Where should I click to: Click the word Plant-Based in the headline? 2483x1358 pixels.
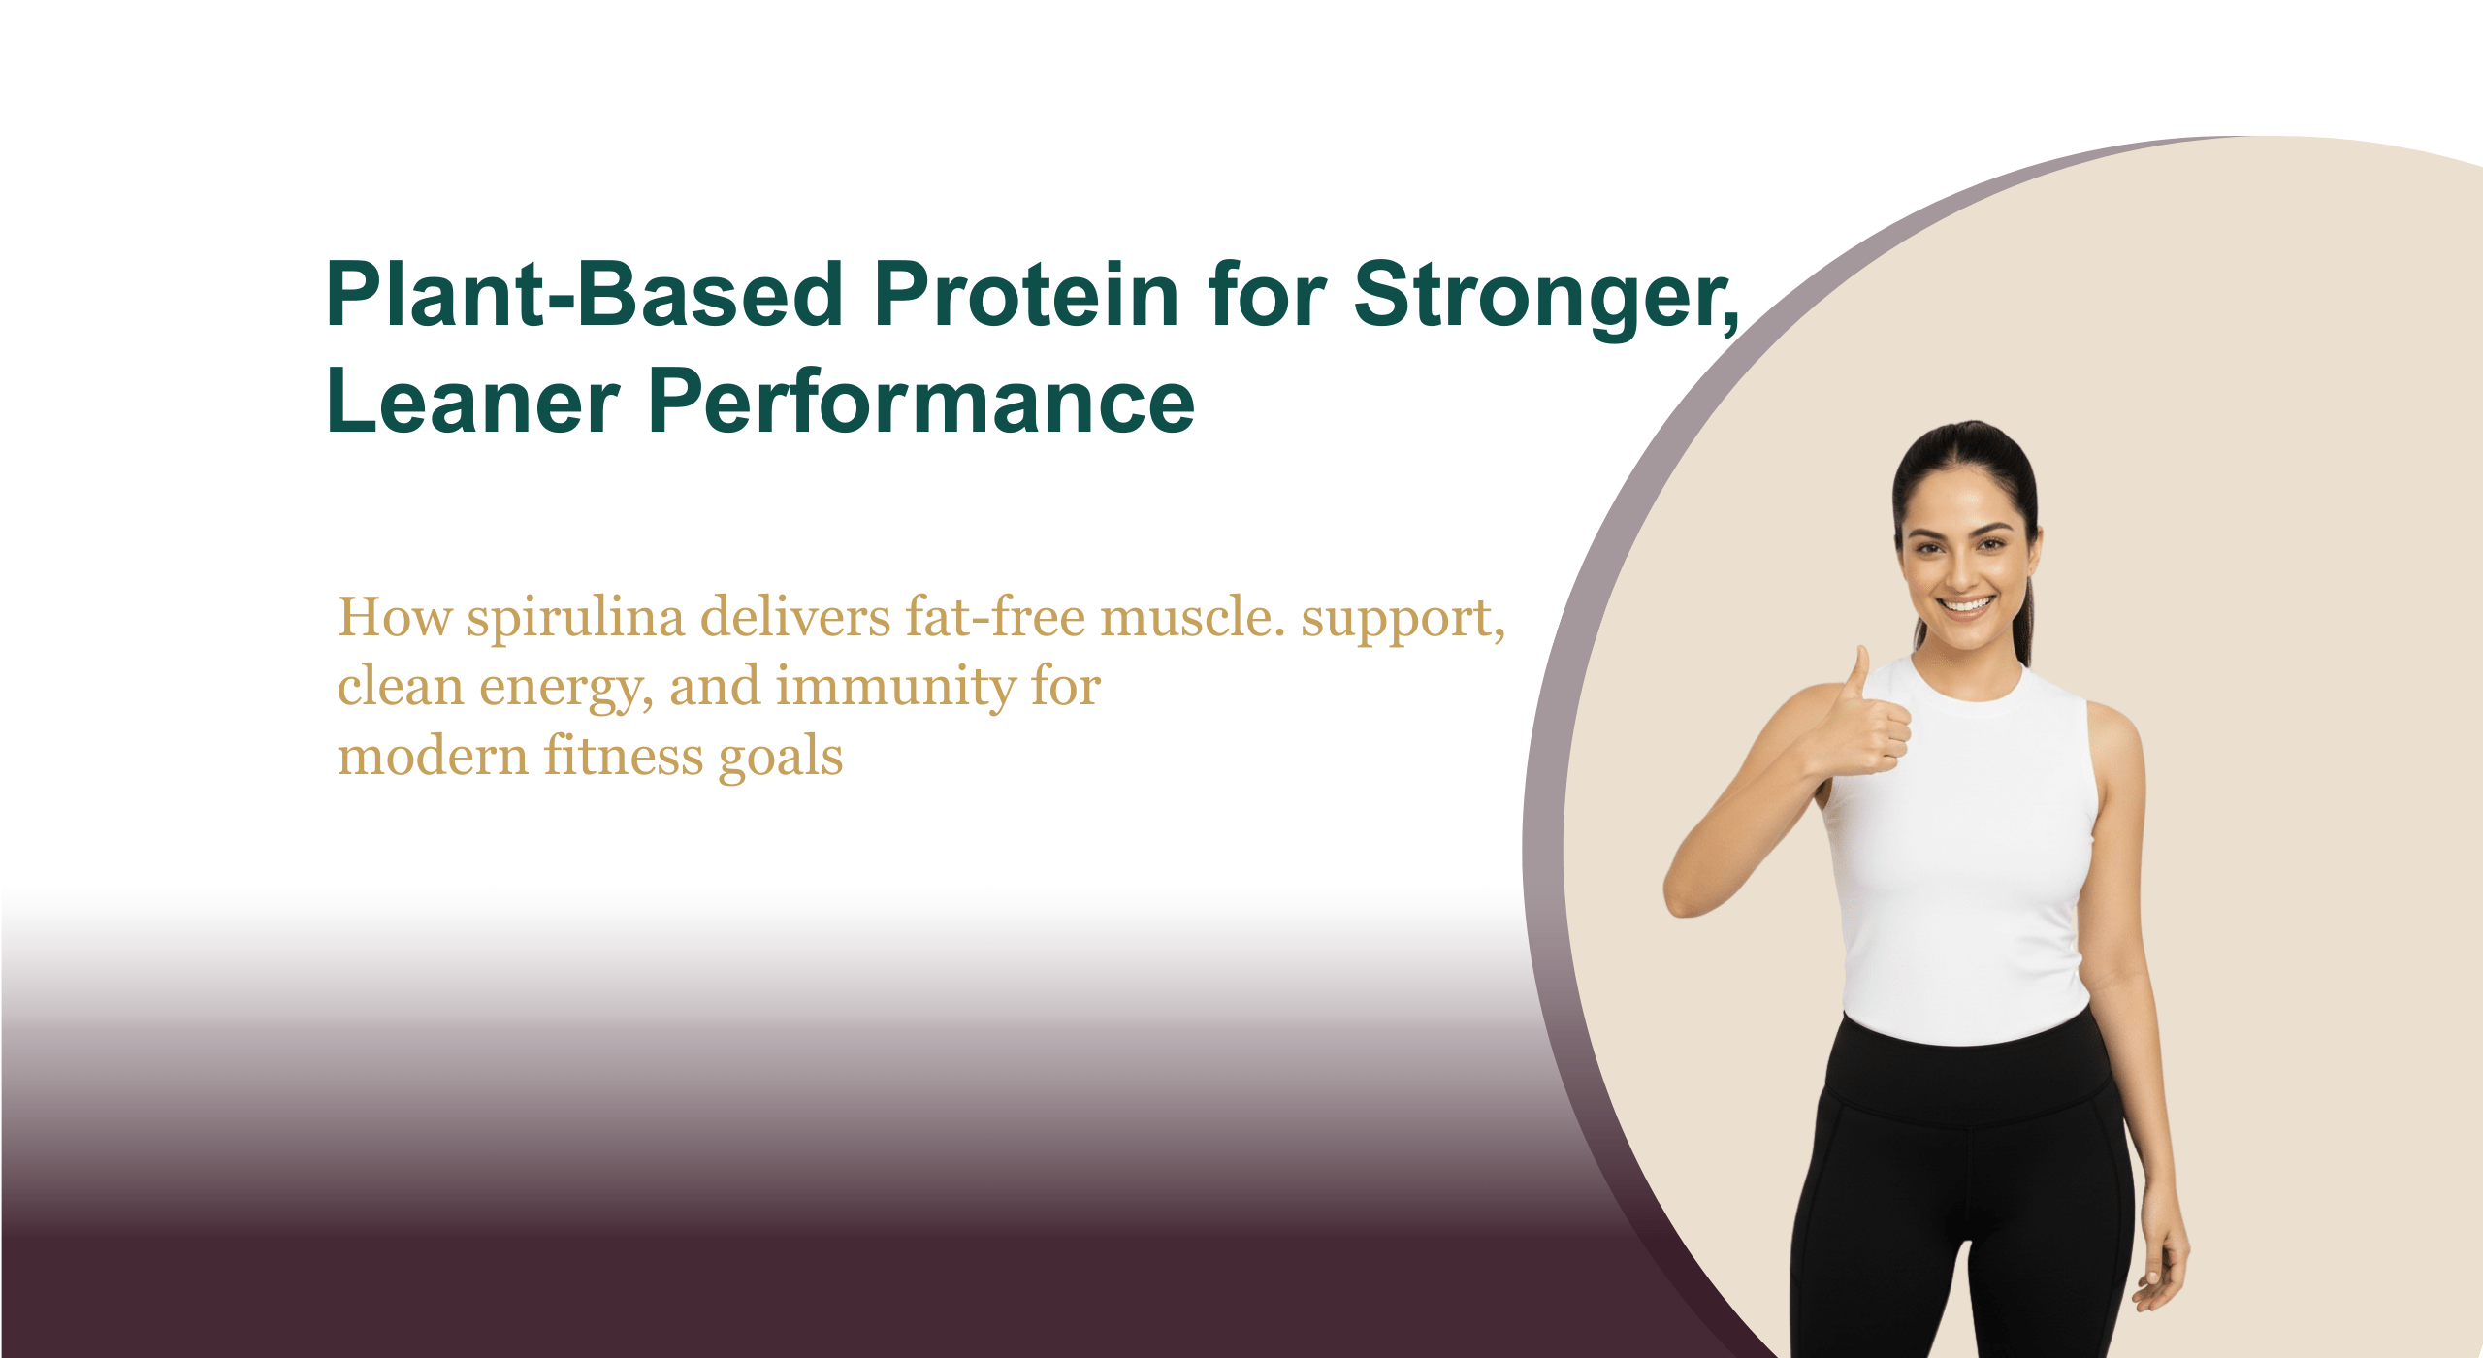click(x=585, y=294)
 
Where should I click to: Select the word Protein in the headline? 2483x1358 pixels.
click(x=1026, y=294)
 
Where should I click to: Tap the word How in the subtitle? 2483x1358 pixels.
click(x=395, y=617)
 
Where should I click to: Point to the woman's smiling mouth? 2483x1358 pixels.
click(x=1966, y=604)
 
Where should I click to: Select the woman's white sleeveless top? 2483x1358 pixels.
click(x=1959, y=854)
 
